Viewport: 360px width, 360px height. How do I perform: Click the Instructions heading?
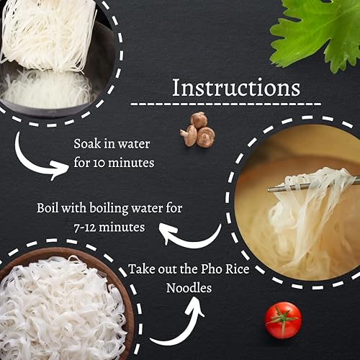pyautogui.click(x=235, y=88)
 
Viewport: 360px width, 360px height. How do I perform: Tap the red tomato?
pyautogui.click(x=282, y=320)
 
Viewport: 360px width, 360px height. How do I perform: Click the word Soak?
pyautogui.click(x=86, y=143)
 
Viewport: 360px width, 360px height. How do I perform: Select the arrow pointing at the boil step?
pyautogui.click(x=189, y=236)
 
